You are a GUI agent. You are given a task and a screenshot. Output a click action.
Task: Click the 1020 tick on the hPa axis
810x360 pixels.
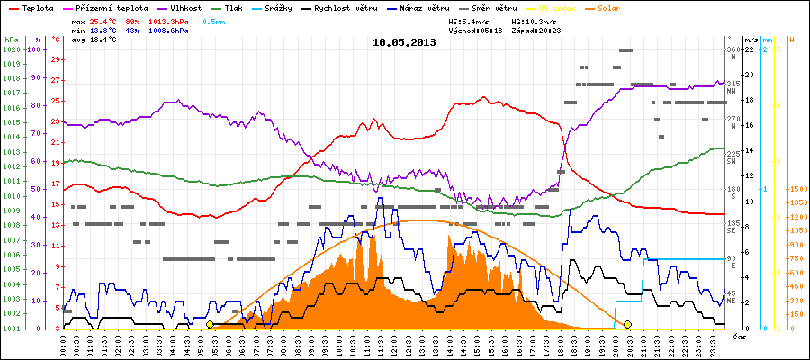click(11, 49)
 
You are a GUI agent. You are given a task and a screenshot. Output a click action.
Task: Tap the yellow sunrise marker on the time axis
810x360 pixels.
click(210, 325)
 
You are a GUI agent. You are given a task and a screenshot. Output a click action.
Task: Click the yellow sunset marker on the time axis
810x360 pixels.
click(627, 325)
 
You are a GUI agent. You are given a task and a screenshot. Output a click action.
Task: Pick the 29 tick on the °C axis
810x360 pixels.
click(56, 60)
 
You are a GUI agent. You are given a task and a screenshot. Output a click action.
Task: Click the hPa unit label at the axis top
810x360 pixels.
click(10, 40)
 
